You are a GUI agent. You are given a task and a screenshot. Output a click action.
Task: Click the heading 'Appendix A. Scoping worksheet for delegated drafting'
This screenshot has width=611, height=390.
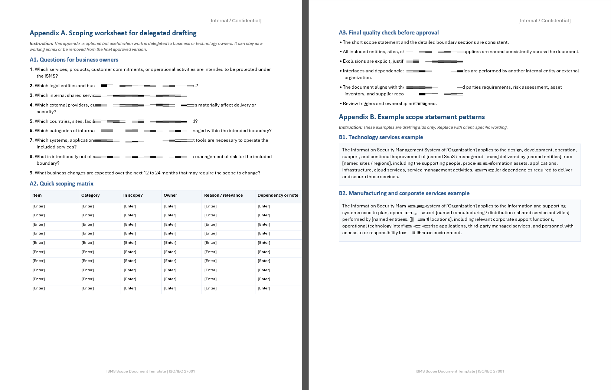click(113, 33)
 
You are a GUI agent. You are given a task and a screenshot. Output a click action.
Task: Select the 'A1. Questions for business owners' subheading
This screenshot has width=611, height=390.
click(74, 60)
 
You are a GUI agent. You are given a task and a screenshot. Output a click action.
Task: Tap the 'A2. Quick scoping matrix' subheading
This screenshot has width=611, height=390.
click(61, 184)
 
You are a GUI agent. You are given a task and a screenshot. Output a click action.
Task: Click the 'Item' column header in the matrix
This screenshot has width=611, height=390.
click(37, 195)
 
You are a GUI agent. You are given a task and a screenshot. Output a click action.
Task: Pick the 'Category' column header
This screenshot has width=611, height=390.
click(90, 195)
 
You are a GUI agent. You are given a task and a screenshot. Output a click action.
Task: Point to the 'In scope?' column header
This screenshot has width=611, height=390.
click(133, 195)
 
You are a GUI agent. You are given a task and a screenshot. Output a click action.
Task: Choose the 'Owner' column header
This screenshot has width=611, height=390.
click(170, 195)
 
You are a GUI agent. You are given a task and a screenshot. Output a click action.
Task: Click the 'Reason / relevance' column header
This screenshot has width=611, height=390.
click(223, 195)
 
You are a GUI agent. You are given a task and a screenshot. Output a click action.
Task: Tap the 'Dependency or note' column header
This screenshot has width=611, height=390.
click(278, 195)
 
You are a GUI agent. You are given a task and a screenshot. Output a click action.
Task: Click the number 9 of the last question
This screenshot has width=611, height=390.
click(31, 173)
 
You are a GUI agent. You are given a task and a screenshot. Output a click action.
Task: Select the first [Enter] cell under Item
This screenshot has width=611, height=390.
click(39, 206)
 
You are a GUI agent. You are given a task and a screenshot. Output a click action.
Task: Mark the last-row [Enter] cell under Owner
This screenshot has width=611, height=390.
click(170, 288)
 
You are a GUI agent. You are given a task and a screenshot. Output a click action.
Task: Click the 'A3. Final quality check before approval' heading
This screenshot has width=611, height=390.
click(389, 33)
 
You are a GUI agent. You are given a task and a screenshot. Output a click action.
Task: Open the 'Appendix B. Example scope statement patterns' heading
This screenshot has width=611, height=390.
click(412, 117)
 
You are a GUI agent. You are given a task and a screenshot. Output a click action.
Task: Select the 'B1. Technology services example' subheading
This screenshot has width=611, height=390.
click(381, 137)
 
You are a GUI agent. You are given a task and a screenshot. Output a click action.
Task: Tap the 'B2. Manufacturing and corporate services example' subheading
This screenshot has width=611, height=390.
click(404, 193)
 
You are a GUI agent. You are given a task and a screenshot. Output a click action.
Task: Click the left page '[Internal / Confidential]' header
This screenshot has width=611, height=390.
click(235, 21)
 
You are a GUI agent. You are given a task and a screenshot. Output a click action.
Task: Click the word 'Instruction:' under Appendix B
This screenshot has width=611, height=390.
click(350, 127)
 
